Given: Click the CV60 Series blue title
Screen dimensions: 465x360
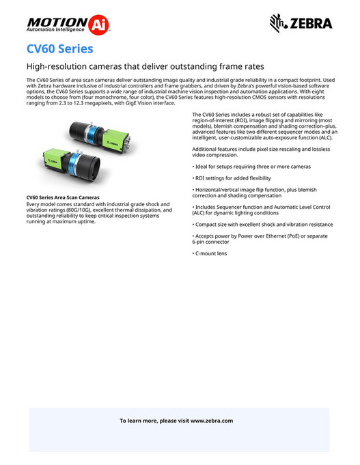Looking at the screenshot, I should tap(59, 49).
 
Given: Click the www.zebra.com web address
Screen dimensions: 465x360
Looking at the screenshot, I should tap(212, 421).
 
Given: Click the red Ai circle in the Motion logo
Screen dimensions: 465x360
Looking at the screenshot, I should tap(100, 25).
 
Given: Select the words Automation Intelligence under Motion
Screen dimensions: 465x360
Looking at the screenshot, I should tap(56, 31).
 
